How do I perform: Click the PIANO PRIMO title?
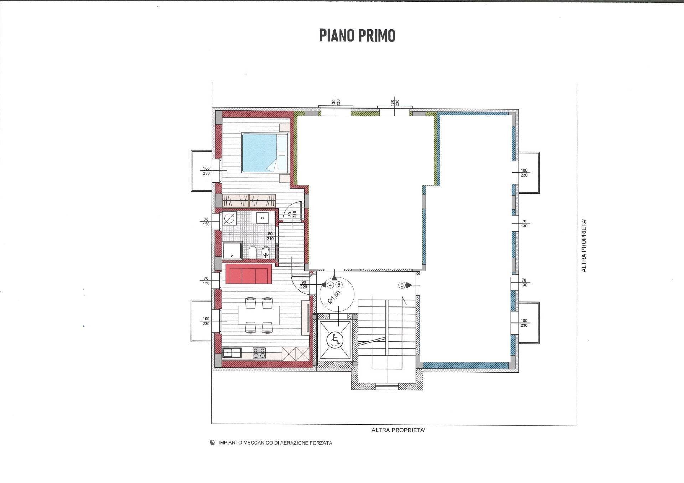tap(357, 36)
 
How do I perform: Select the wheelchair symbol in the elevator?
tap(335, 340)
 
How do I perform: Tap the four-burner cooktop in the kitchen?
tap(259, 353)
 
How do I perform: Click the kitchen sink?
tap(232, 353)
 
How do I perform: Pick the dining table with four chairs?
tap(259, 315)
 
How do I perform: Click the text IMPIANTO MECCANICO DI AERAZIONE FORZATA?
tap(275, 443)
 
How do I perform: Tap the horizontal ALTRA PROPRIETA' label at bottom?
tap(398, 430)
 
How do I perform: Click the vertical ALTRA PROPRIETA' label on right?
tap(584, 246)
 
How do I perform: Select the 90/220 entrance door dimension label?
tap(304, 284)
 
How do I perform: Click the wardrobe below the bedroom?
tap(249, 201)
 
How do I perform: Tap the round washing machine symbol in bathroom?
tap(230, 218)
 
